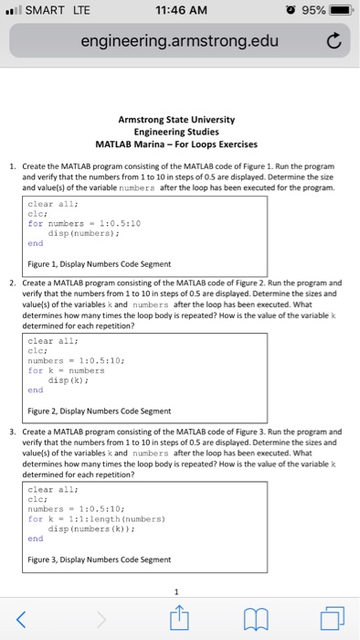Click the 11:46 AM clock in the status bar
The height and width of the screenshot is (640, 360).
pos(181,11)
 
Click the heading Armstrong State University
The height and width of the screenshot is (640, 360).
pos(177,119)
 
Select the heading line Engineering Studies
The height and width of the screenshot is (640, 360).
pos(177,132)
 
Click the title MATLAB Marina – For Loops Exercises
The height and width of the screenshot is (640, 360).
pos(177,144)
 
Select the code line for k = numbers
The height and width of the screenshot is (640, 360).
pos(67,370)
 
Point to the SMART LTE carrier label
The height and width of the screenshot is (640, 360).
pos(46,11)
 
